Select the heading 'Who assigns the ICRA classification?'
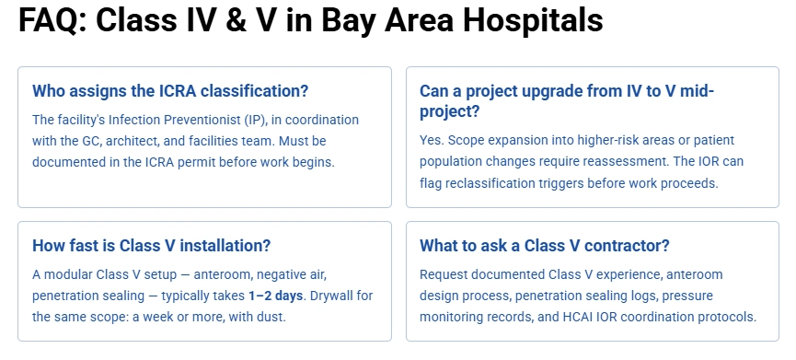(x=170, y=91)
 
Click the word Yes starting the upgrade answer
(x=431, y=141)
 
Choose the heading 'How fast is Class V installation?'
(x=151, y=246)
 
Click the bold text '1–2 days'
(x=275, y=296)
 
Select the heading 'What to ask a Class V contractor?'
(x=545, y=246)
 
